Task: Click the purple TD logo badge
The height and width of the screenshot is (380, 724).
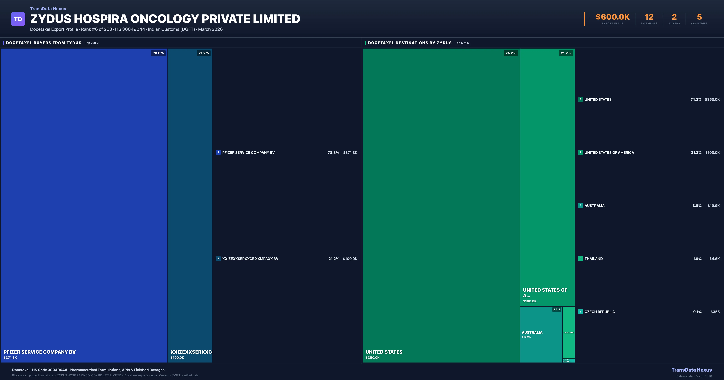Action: pyautogui.click(x=18, y=19)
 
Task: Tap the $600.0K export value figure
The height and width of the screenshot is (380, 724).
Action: pyautogui.click(x=612, y=17)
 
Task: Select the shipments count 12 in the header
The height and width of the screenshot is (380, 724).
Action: pyautogui.click(x=649, y=17)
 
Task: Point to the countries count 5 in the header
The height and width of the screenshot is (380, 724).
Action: pyautogui.click(x=699, y=17)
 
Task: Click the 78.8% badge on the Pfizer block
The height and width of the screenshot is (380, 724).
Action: pyautogui.click(x=158, y=53)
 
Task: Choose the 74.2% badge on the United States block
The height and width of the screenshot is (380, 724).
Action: pyautogui.click(x=511, y=53)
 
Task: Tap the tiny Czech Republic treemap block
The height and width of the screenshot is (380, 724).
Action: pyautogui.click(x=569, y=361)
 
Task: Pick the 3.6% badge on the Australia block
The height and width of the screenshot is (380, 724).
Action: pyautogui.click(x=556, y=309)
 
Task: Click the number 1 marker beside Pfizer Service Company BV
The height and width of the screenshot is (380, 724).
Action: pyautogui.click(x=218, y=152)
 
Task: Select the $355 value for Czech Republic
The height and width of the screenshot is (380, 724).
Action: pyautogui.click(x=715, y=312)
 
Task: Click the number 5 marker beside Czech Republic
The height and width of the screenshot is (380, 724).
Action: pyautogui.click(x=580, y=312)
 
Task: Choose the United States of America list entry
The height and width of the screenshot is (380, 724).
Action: pyautogui.click(x=609, y=153)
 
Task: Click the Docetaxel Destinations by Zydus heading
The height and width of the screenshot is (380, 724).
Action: pyautogui.click(x=410, y=43)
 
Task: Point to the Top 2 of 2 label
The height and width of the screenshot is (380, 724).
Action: pyautogui.click(x=92, y=43)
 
